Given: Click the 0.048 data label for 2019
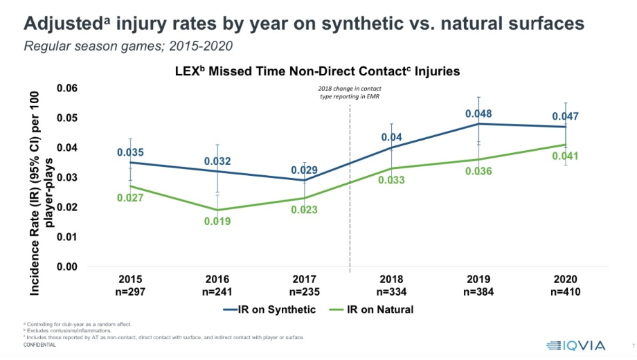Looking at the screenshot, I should [478, 114].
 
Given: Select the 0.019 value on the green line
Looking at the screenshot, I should [217, 222].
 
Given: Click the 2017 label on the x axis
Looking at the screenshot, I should [305, 279].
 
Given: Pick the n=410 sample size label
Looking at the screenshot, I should [566, 292].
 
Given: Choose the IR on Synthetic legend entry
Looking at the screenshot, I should [270, 309].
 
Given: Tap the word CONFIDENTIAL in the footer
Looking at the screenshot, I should [40, 345].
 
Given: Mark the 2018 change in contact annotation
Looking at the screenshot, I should [350, 93].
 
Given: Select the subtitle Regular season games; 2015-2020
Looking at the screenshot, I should [128, 46].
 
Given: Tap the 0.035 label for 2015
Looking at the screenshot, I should [130, 152].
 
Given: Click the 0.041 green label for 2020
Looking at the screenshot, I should [566, 156].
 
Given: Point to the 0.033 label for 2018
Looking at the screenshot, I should [392, 179].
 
